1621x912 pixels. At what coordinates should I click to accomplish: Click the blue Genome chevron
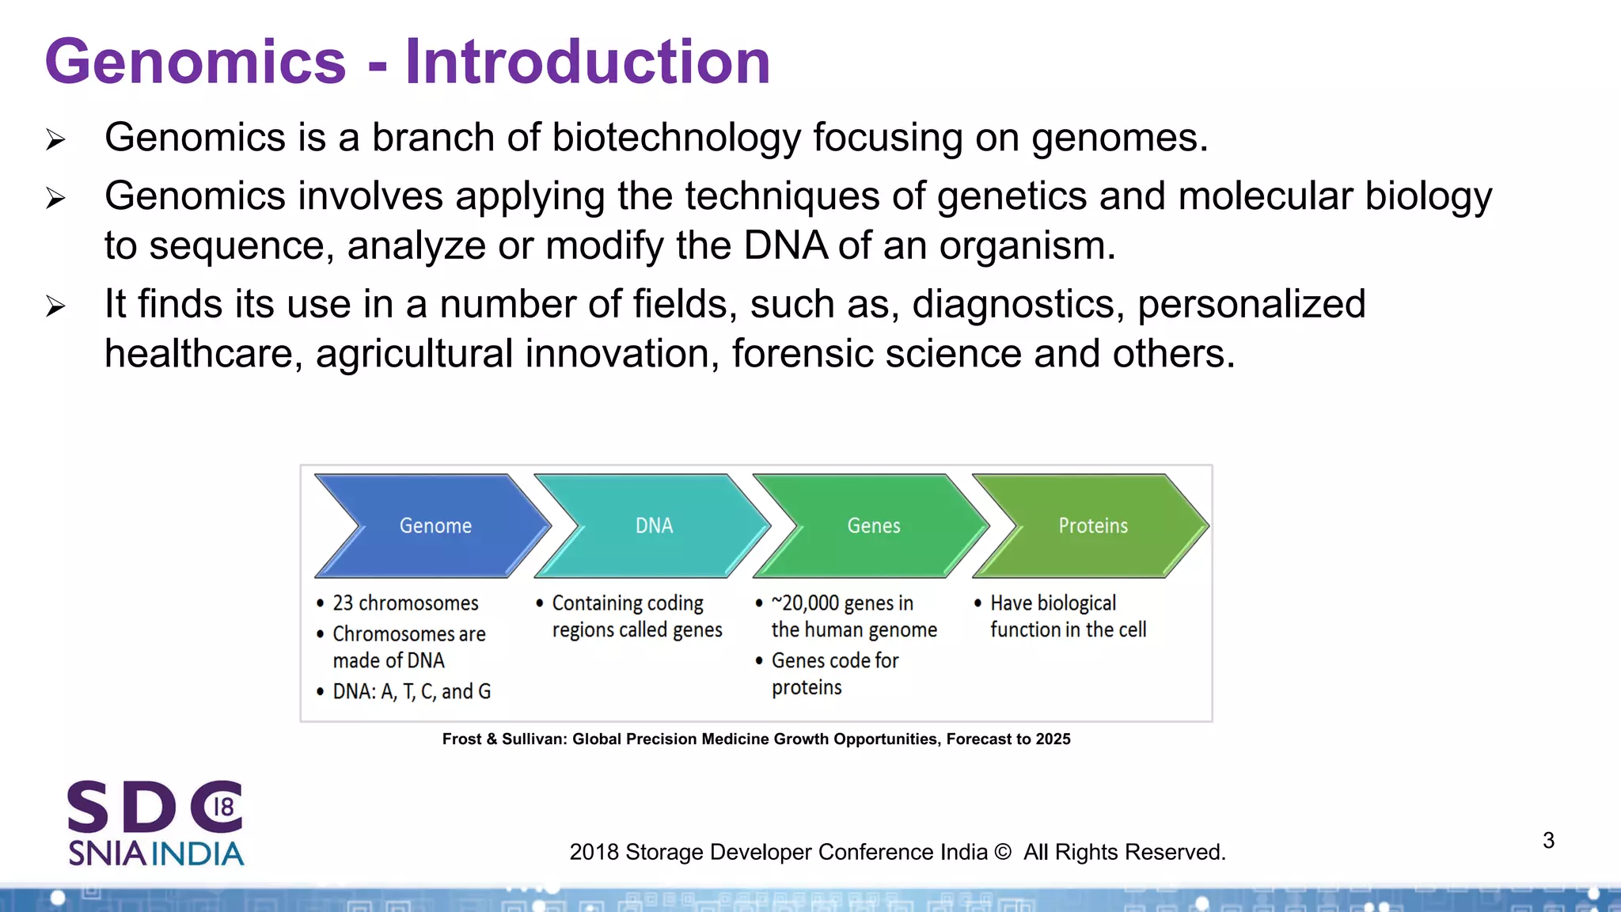[x=435, y=526]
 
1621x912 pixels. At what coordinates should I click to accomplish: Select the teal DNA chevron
[x=654, y=526]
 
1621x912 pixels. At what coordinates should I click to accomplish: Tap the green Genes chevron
[x=873, y=526]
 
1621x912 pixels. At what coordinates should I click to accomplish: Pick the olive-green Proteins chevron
[x=1092, y=526]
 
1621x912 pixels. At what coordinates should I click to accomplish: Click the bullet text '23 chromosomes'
[x=405, y=603]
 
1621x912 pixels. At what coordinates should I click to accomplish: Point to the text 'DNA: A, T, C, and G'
[x=412, y=692]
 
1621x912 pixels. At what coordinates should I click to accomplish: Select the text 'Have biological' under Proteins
[x=1053, y=603]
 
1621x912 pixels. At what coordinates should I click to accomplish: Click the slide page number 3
[x=1548, y=840]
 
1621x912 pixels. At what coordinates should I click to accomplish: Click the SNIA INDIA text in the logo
[x=156, y=853]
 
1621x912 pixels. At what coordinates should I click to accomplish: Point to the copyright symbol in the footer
[x=1002, y=852]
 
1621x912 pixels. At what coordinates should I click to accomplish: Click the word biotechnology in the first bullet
[x=676, y=138]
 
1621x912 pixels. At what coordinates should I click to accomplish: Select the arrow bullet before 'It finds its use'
[x=55, y=306]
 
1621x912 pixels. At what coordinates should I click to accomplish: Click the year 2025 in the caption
[x=1053, y=739]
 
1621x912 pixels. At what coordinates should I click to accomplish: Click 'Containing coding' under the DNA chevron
[x=628, y=603]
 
